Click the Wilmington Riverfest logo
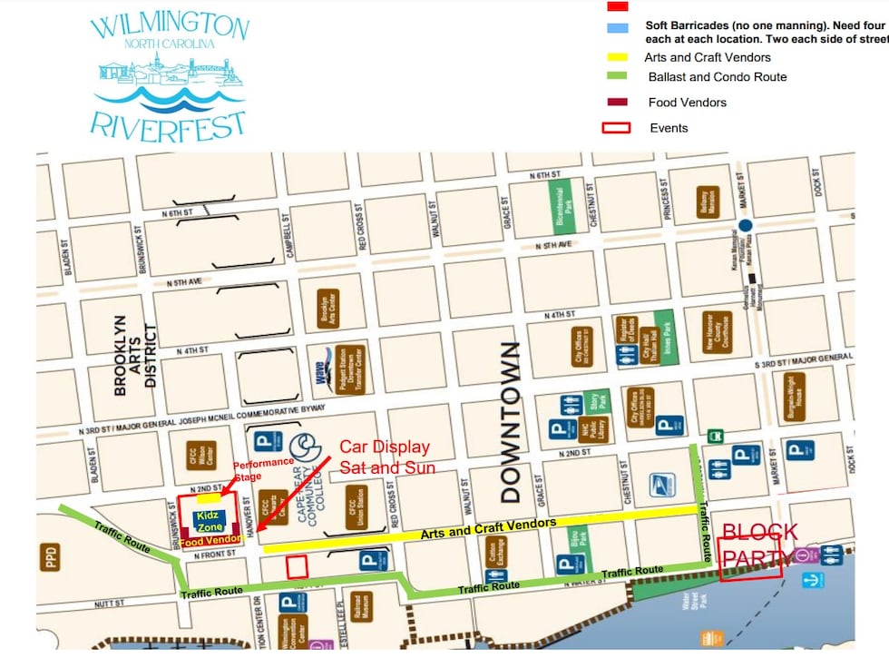168,74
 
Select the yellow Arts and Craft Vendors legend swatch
616,57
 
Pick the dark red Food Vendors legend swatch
616,103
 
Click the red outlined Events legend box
616,128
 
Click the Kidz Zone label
210,521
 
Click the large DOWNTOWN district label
511,423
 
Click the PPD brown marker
49,557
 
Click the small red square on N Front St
297,566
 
